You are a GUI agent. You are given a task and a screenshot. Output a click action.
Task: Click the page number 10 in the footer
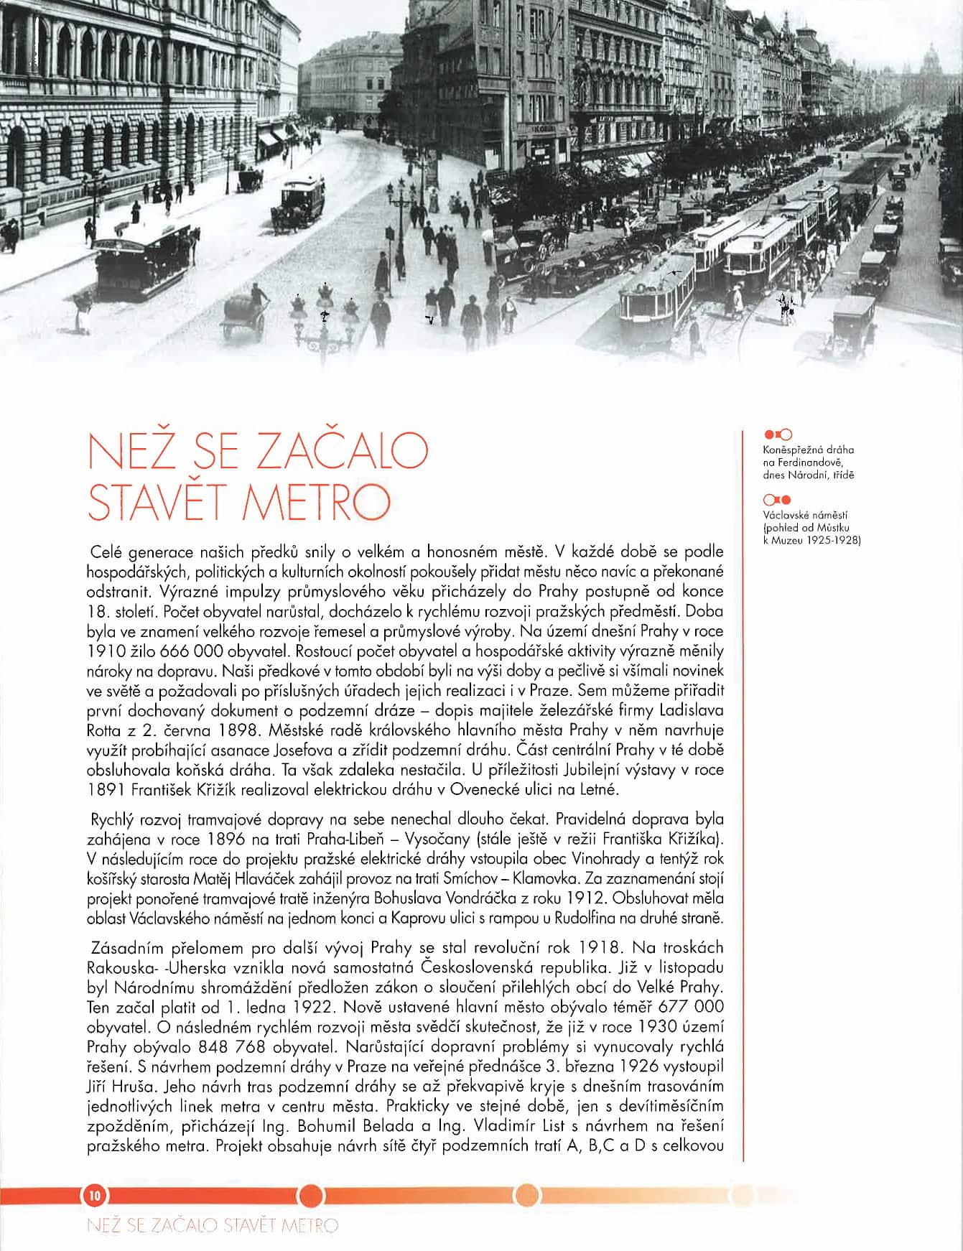pyautogui.click(x=95, y=1195)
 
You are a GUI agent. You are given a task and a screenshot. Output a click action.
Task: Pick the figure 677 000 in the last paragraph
pyautogui.click(x=691, y=1007)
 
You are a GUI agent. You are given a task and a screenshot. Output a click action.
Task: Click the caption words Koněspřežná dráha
pyautogui.click(x=809, y=450)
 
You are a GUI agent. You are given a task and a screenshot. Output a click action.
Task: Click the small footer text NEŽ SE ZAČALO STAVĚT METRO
pyautogui.click(x=212, y=1225)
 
